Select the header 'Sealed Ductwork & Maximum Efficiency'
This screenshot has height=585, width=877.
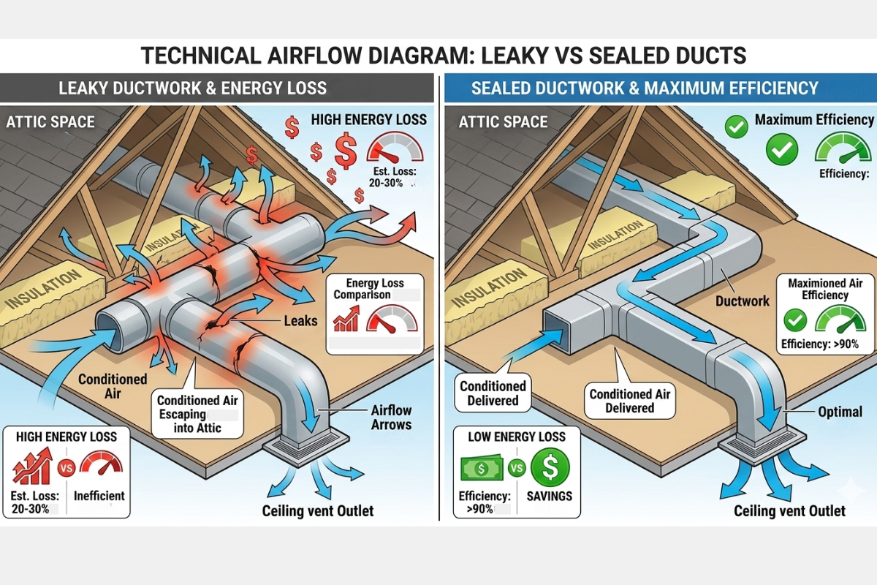645,88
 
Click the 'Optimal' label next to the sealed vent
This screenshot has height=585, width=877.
840,412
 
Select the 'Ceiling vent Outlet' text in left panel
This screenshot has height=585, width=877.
318,510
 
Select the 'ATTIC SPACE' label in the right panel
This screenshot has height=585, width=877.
503,121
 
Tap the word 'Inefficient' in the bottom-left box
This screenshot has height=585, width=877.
99,495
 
